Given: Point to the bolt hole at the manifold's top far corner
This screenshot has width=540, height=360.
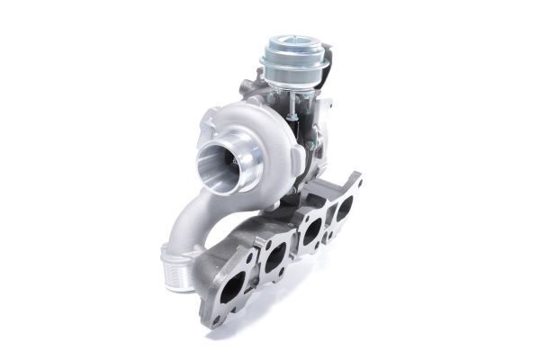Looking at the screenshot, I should (x=357, y=180).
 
